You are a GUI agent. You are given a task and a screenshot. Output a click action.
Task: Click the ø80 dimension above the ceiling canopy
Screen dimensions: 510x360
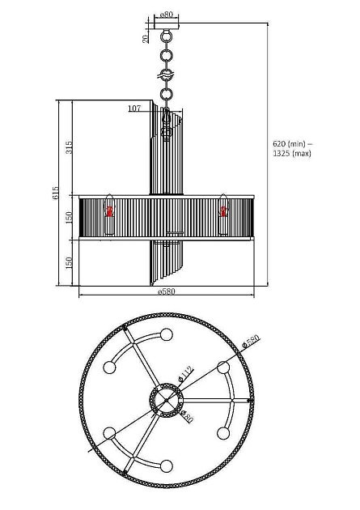(x=167, y=15)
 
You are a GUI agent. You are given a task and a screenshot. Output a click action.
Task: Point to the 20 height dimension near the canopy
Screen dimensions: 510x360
(x=146, y=37)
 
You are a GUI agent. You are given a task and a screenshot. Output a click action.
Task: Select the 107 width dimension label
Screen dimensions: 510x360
(x=134, y=108)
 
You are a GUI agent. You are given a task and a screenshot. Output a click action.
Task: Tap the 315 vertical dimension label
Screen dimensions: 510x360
(x=70, y=147)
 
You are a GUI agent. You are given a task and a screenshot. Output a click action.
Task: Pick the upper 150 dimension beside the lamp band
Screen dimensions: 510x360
(x=70, y=217)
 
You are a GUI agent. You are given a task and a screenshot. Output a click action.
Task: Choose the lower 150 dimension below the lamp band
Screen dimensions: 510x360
(x=70, y=262)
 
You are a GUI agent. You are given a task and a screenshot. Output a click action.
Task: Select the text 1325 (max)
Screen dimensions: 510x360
(x=291, y=153)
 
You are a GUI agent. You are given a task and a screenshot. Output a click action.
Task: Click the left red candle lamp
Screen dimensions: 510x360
(x=108, y=212)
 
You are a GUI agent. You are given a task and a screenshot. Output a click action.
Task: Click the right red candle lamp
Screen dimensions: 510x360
(x=222, y=212)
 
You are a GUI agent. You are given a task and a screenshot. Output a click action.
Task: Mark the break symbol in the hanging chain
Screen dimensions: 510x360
(x=167, y=74)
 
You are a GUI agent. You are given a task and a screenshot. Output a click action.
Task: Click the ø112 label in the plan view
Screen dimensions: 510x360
(x=185, y=374)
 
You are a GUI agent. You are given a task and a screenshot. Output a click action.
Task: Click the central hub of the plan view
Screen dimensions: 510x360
(x=167, y=400)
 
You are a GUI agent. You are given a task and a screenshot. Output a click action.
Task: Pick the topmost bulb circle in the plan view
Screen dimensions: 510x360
(x=167, y=334)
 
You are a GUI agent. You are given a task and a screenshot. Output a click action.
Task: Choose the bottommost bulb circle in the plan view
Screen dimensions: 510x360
(x=167, y=465)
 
